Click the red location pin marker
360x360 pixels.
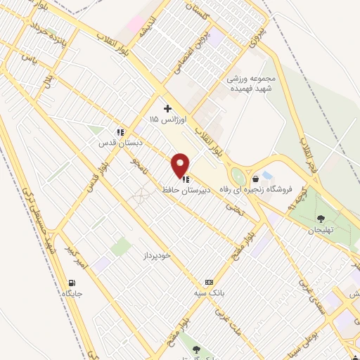coord(181,165)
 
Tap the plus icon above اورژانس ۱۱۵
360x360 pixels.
coord(167,108)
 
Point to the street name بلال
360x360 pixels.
coord(47,81)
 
